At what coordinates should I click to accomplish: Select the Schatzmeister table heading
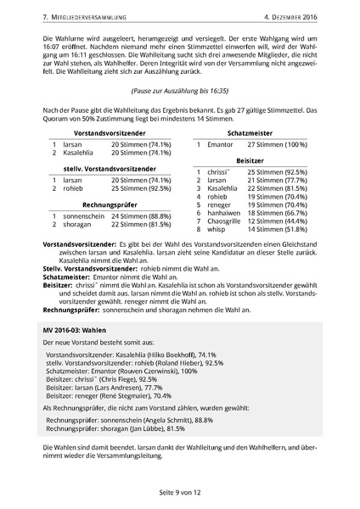coord(253,133)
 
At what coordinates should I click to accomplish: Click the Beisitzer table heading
coord(252,159)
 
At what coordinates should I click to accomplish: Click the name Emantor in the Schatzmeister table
coord(220,145)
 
